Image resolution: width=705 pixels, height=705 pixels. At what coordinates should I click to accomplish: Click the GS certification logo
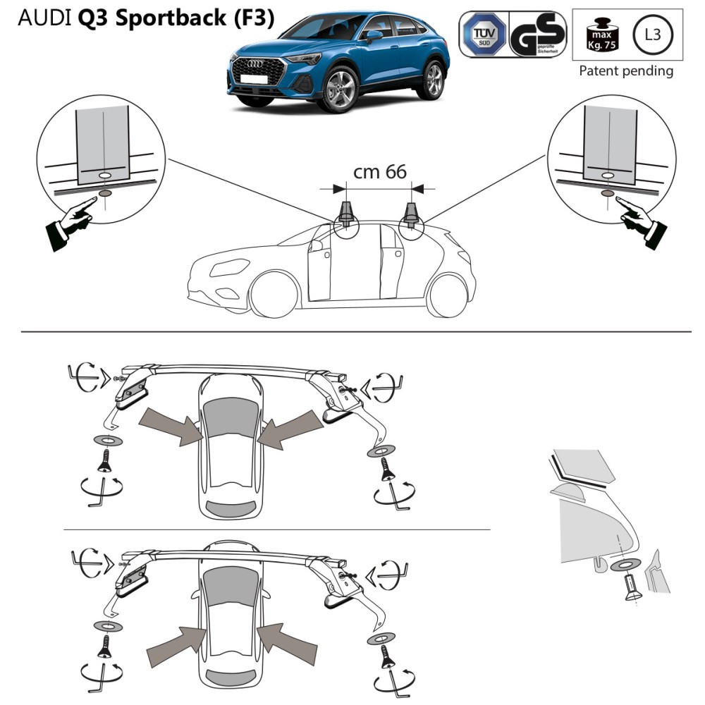(x=537, y=33)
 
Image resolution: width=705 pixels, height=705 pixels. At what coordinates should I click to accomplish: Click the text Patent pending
(x=625, y=70)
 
